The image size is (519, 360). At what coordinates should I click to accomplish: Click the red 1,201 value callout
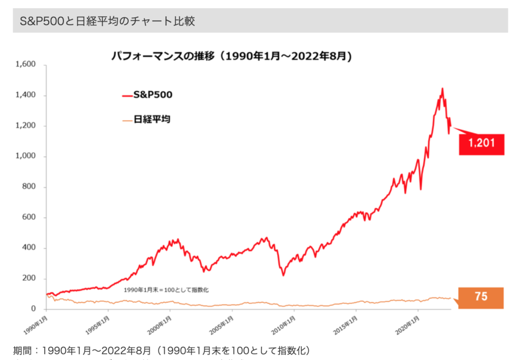click(481, 144)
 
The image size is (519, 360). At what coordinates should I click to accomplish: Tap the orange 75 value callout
click(480, 298)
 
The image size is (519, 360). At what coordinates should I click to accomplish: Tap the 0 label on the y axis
click(33, 309)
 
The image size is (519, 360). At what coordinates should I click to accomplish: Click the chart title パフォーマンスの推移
click(231, 55)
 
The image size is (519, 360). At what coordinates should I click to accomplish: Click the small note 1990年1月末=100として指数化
click(166, 290)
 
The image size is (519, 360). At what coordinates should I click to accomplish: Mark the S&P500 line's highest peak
click(442, 89)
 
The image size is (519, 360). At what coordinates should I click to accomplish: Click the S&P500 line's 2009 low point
click(283, 275)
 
